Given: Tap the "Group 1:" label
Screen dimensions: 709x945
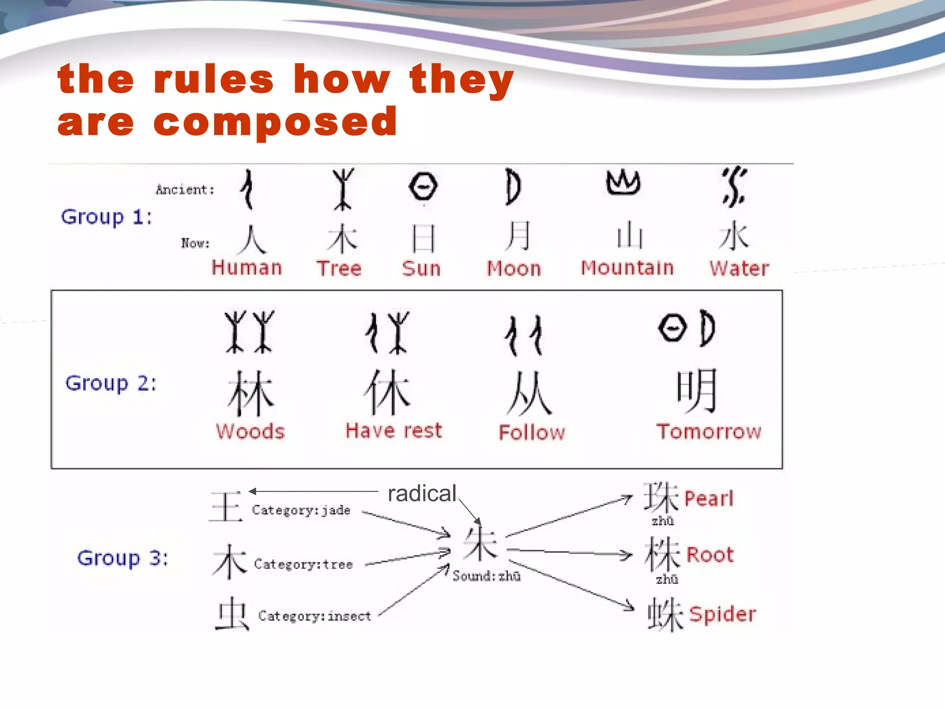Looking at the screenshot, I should tap(107, 217).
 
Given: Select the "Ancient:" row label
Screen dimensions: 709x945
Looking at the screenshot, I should tap(185, 190).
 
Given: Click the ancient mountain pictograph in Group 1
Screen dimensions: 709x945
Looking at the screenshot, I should tap(623, 182).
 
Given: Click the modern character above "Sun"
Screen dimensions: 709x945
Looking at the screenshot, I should tap(423, 238).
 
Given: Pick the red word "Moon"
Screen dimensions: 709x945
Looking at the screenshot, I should tap(514, 269).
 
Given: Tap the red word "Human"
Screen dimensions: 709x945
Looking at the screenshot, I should tap(247, 268).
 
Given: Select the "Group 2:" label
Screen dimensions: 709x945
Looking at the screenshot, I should tap(111, 383).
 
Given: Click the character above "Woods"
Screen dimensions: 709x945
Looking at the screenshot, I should tap(251, 393).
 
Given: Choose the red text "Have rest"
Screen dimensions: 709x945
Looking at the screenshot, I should tap(394, 431).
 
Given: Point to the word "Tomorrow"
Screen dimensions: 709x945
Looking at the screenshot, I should tap(709, 432).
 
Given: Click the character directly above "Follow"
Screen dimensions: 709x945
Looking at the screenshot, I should tap(529, 393).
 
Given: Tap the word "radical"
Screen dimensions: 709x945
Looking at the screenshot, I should tap(422, 493).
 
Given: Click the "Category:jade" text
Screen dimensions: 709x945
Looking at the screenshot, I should tap(301, 510).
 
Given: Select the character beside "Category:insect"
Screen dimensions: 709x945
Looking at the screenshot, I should tap(232, 613).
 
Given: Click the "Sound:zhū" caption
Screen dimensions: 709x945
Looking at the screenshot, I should tap(486, 576).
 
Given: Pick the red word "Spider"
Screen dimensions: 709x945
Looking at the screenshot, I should tap(723, 614).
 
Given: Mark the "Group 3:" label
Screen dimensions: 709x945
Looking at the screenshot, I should tap(122, 558).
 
